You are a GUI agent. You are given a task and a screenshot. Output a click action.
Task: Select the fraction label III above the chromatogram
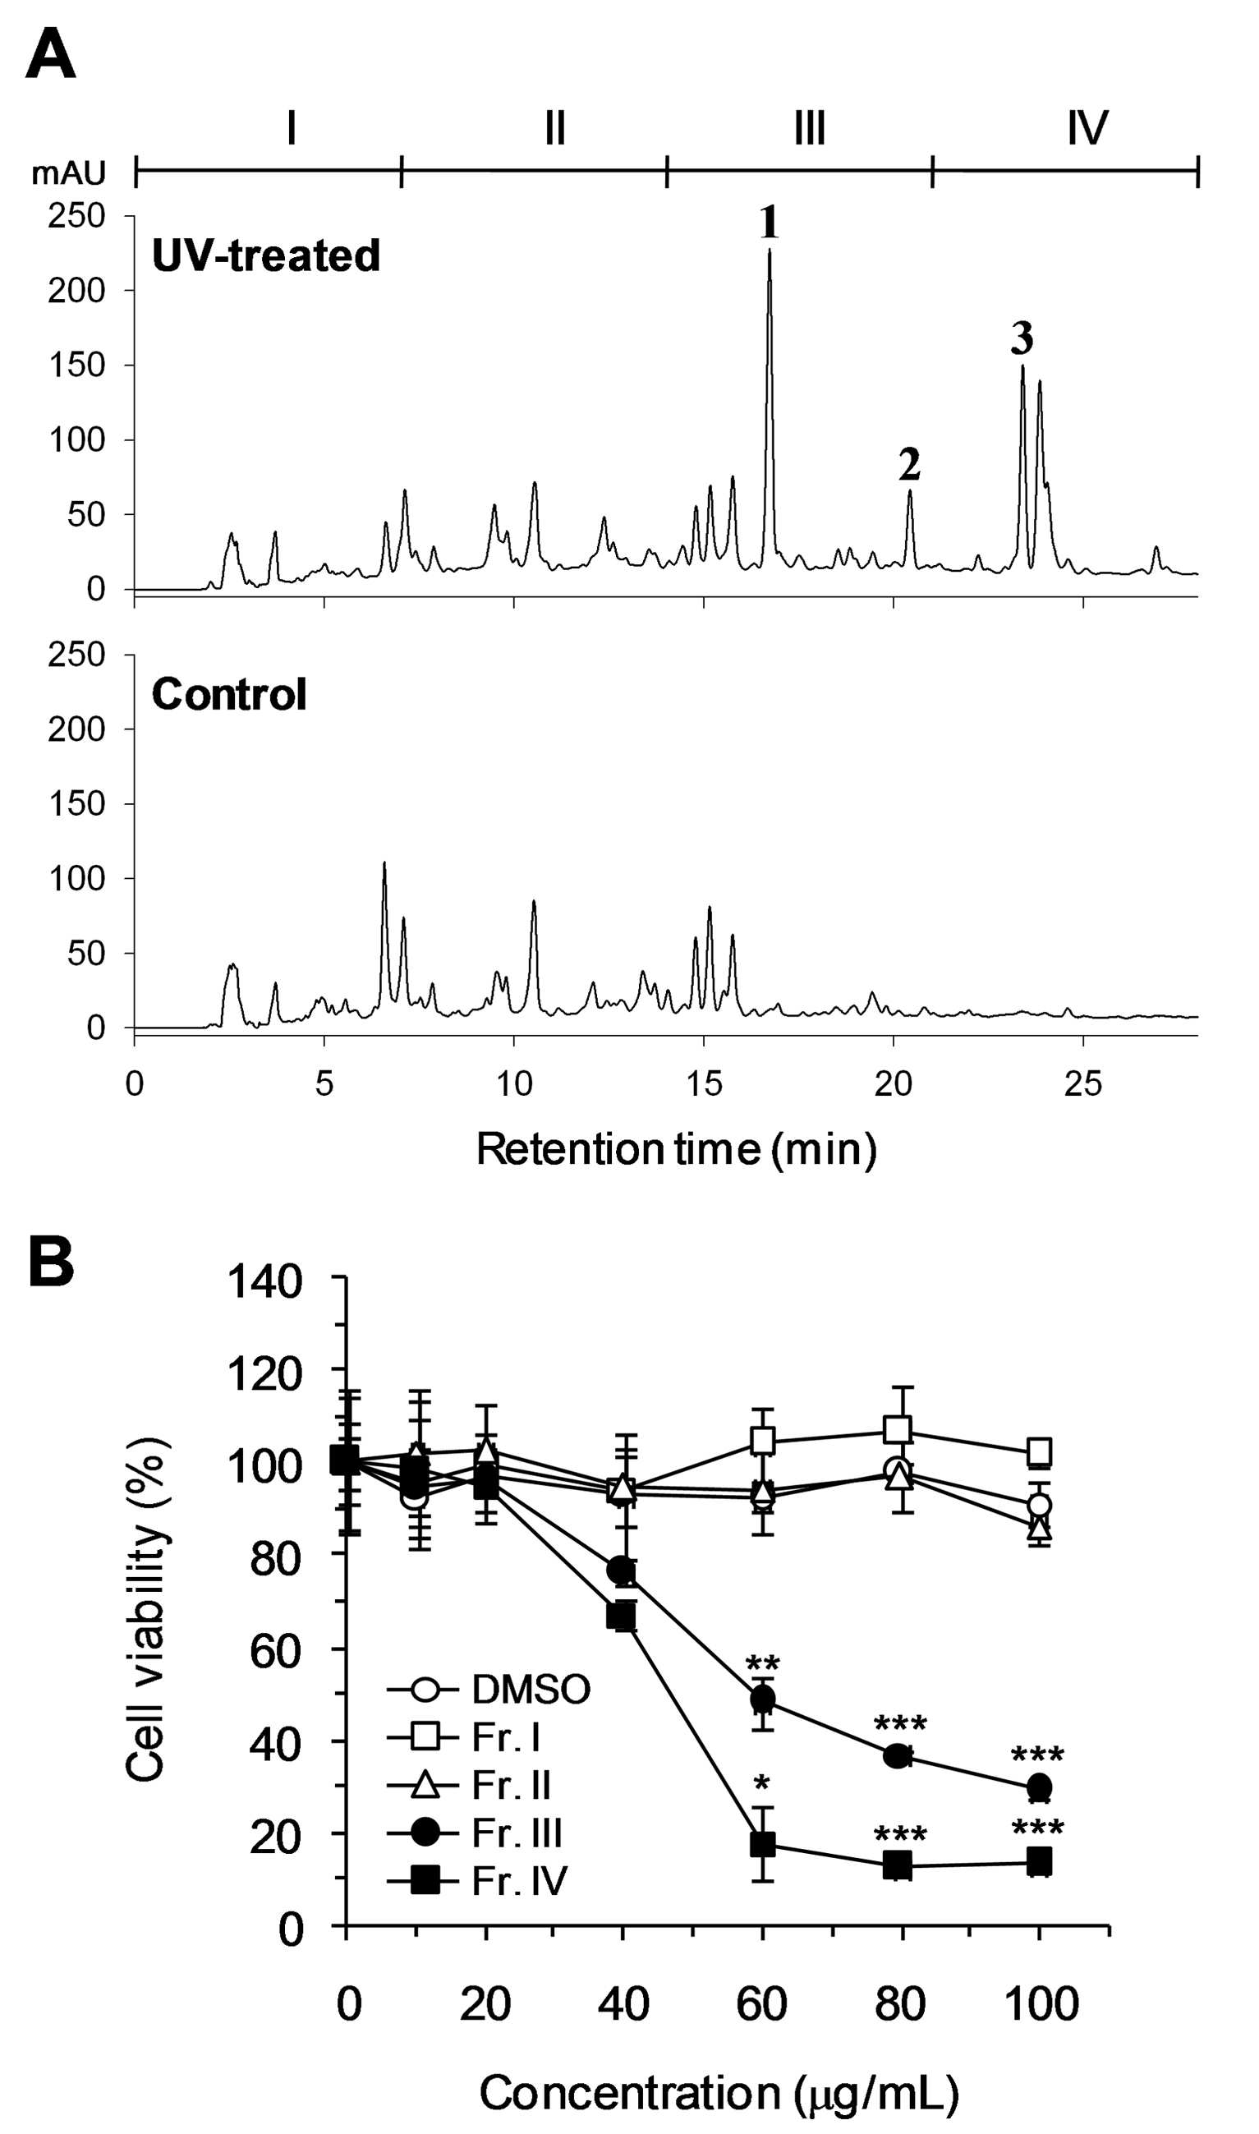[x=810, y=128]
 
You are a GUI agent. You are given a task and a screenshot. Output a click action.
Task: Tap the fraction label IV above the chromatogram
[x=1087, y=128]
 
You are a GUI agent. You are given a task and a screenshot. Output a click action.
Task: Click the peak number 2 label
[x=909, y=464]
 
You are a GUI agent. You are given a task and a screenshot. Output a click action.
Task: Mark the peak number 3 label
[x=1022, y=338]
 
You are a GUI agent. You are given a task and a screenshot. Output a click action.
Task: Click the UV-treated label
[x=265, y=255]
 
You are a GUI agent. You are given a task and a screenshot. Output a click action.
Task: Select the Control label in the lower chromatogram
[x=229, y=694]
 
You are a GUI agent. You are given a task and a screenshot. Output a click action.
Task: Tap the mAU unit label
[x=69, y=173]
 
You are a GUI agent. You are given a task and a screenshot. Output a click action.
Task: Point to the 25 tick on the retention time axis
[x=1082, y=1083]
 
